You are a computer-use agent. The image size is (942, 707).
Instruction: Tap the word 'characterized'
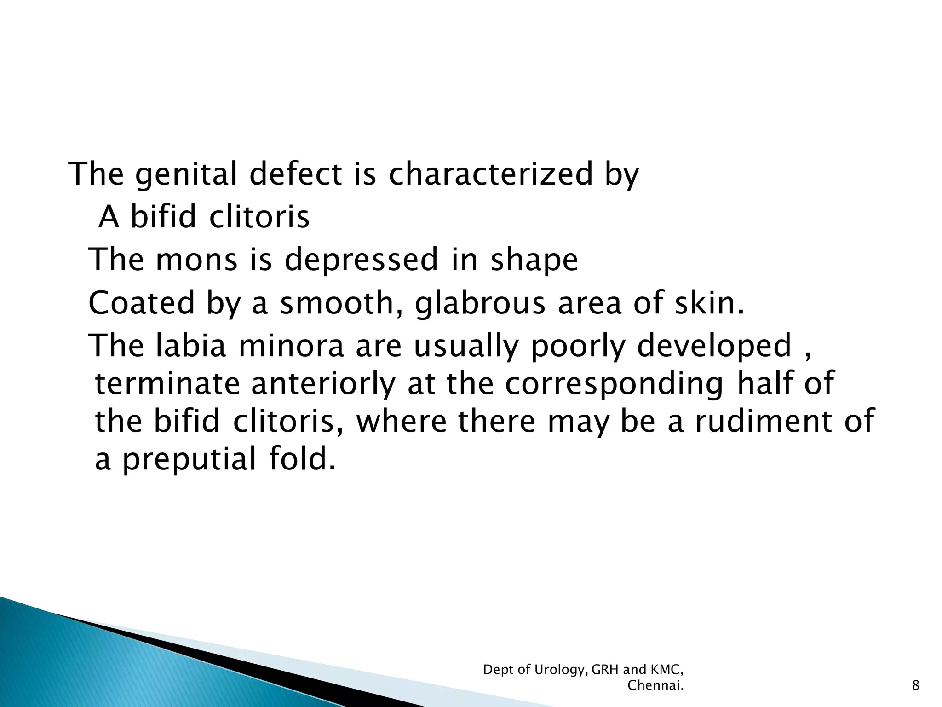point(491,175)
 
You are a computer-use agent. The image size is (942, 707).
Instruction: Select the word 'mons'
point(196,260)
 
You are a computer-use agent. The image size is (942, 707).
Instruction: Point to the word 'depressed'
point(361,260)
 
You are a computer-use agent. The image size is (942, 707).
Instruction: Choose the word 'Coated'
point(142,303)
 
